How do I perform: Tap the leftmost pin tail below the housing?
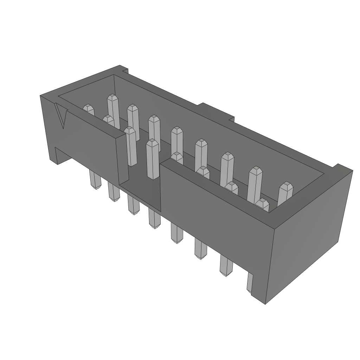[95, 180]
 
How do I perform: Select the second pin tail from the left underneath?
[114, 192]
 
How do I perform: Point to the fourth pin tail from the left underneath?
[154, 218]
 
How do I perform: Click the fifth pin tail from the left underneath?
[176, 233]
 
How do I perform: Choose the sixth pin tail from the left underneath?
[200, 249]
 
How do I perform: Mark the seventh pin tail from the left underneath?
[226, 265]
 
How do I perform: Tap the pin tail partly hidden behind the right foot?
[250, 283]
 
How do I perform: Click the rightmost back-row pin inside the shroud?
[285, 193]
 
